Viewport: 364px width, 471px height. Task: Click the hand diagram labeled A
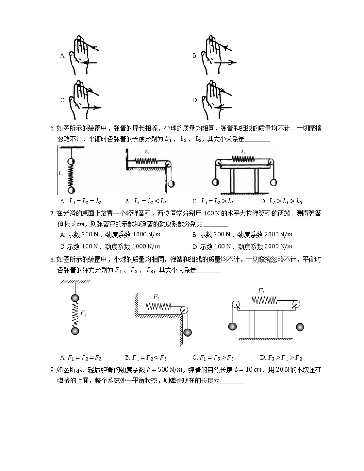(x=83, y=55)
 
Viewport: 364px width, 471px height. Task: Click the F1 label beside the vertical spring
(x=83, y=313)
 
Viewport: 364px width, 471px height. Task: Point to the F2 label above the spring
(x=156, y=296)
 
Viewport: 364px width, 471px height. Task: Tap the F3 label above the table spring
(x=261, y=290)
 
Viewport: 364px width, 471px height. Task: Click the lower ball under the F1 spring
(x=75, y=331)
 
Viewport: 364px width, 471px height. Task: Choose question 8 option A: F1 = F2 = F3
(x=81, y=357)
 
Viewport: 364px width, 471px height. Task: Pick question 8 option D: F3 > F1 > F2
(x=281, y=357)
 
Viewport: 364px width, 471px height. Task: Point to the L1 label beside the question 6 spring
(x=61, y=174)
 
